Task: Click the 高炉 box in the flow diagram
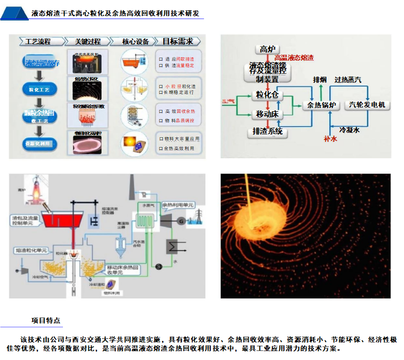coord(267,49)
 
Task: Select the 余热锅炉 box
coord(320,105)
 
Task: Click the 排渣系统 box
coord(267,132)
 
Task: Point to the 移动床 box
coord(267,115)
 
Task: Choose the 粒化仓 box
coord(267,95)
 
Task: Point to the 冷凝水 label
coord(349,130)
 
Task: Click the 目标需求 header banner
coord(178,42)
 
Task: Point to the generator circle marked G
coord(182,222)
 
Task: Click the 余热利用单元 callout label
coord(178,205)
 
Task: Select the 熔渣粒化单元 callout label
coord(30,250)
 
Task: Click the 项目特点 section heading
coord(46,321)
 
